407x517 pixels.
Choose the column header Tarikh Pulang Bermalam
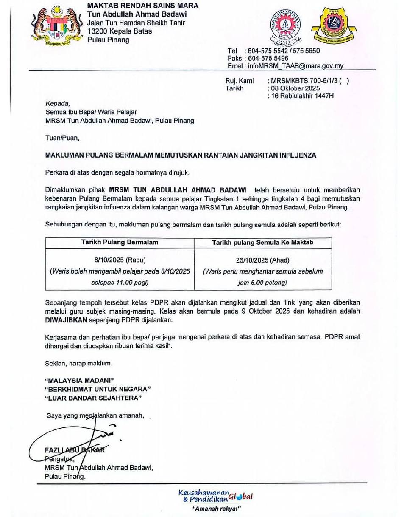click(x=120, y=243)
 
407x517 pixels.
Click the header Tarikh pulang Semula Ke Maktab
click(x=263, y=243)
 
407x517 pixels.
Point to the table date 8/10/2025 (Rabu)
click(x=120, y=260)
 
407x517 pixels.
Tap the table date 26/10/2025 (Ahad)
click(x=263, y=260)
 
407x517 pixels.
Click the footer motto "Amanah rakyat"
click(x=216, y=509)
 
